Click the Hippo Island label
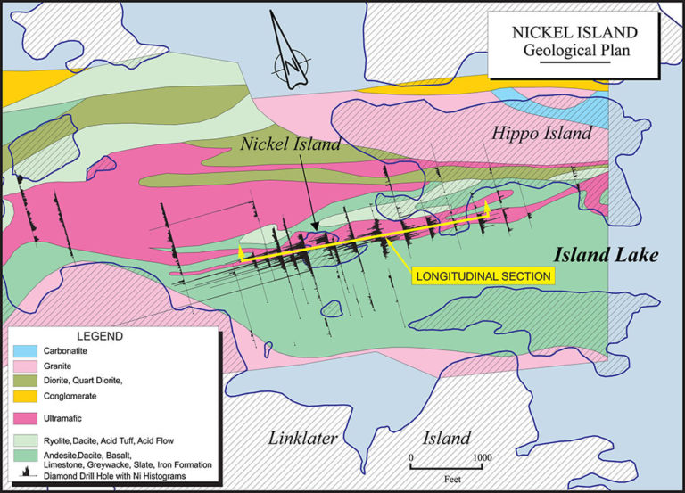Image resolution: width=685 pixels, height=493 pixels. [541, 134]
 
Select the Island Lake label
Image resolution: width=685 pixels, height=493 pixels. [606, 256]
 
